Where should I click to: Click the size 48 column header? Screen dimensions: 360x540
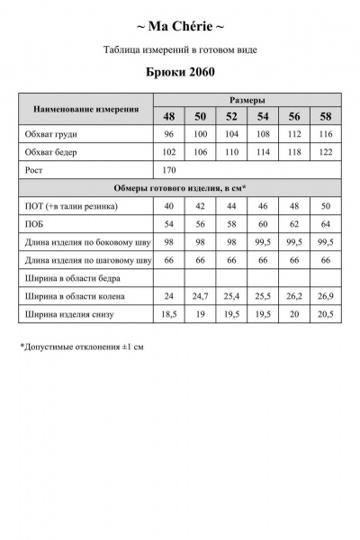pos(169,117)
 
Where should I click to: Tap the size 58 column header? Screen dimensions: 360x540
pos(325,117)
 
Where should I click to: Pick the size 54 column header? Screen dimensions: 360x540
pos(263,117)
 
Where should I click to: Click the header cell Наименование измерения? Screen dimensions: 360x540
pos(85,109)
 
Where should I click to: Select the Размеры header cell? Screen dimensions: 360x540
pos(247,100)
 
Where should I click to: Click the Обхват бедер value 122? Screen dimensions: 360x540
pos(325,152)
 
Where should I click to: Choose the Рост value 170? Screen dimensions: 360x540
pos(168,169)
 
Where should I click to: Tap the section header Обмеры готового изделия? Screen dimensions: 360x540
pos(180,188)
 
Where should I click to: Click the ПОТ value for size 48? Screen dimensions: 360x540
pos(168,206)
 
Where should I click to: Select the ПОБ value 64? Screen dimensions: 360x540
pos(325,224)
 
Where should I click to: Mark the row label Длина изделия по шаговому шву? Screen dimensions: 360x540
pos(86,260)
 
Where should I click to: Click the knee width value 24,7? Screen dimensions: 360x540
pos(200,295)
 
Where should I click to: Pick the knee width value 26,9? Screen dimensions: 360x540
pos(325,295)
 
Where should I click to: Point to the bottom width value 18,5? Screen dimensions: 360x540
pos(168,313)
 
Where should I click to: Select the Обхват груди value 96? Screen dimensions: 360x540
pos(168,135)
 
